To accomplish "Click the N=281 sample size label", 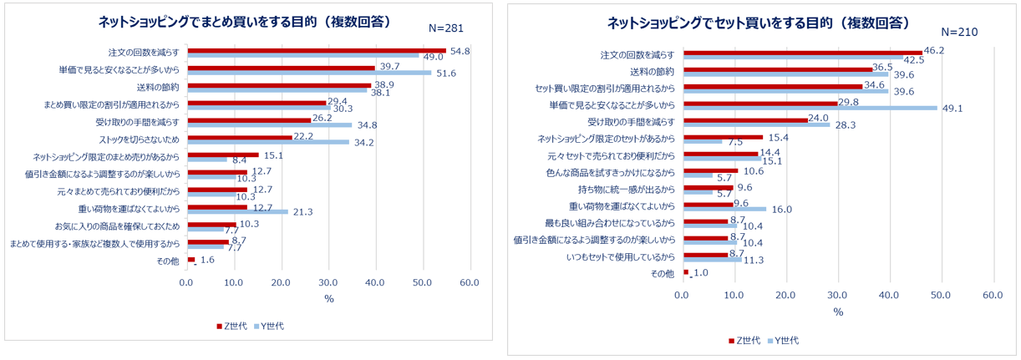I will pyautogui.click(x=445, y=28).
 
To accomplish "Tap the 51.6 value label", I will pyautogui.click(x=444, y=74).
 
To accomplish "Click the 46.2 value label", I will pyautogui.click(x=934, y=51).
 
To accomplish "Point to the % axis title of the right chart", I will pyautogui.click(x=837, y=312).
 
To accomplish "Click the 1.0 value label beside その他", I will pyautogui.click(x=700, y=273).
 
